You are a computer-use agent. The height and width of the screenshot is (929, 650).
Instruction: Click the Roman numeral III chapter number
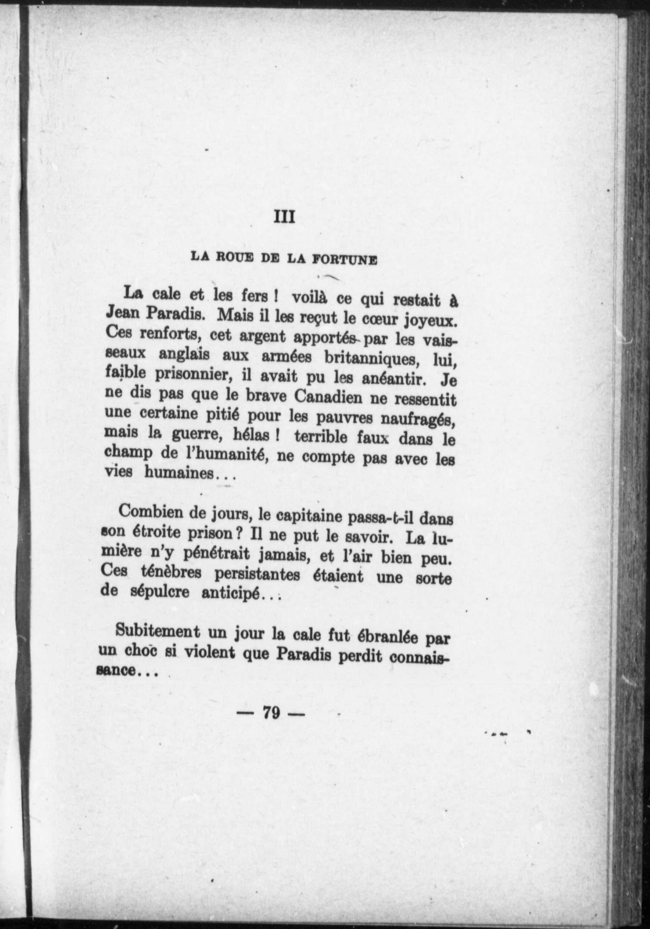coord(284,217)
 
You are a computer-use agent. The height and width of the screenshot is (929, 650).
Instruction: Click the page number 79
coord(271,713)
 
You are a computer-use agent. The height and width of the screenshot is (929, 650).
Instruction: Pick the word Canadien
coord(329,397)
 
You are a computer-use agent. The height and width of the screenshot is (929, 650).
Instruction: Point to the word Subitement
coord(157,631)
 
